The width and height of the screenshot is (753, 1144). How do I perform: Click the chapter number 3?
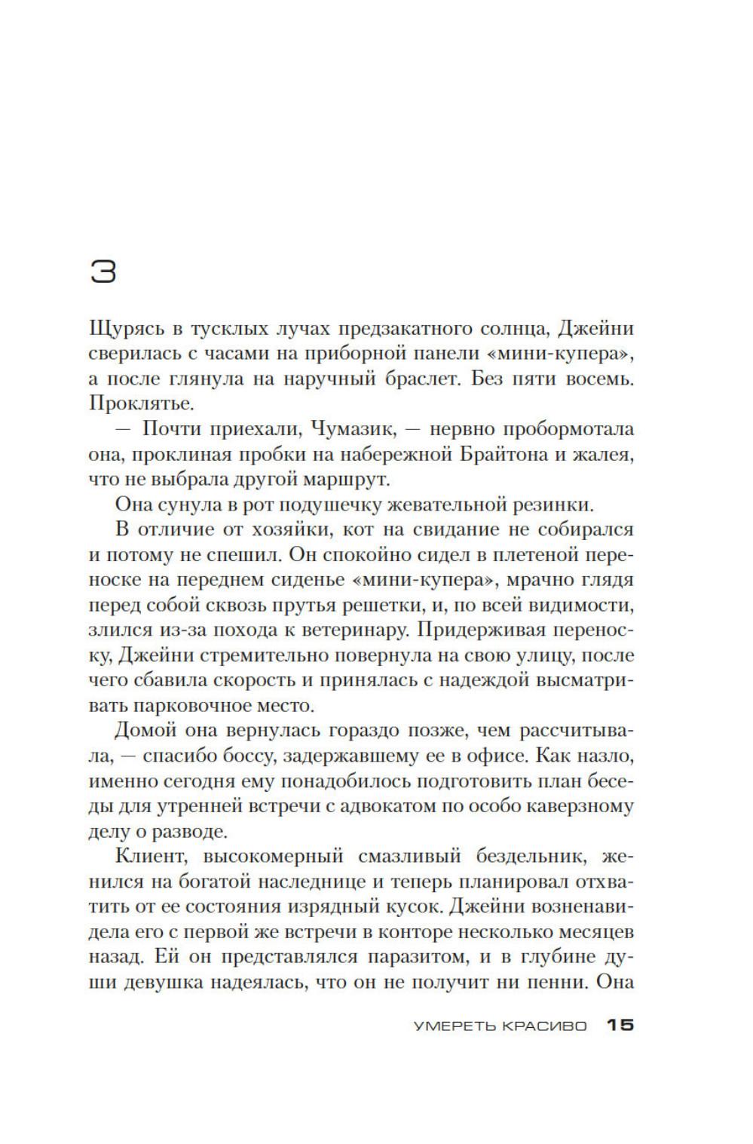point(103,271)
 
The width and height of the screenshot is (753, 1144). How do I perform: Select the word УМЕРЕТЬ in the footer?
point(451,1026)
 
